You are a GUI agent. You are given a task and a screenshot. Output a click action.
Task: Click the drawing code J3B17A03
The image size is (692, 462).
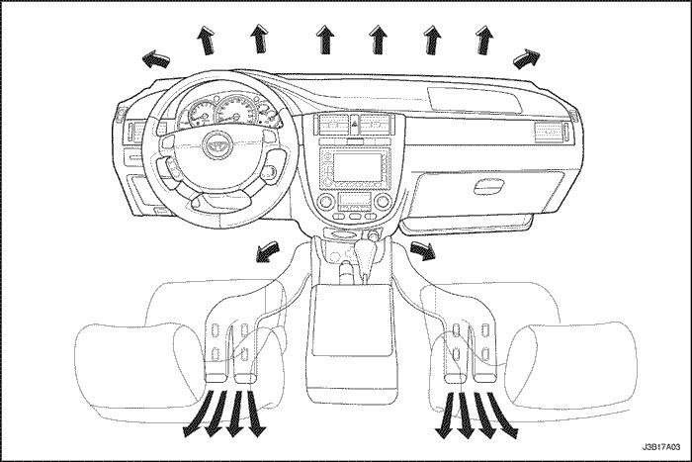click(661, 448)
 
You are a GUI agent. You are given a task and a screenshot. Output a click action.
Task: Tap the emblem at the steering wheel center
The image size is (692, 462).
click(215, 143)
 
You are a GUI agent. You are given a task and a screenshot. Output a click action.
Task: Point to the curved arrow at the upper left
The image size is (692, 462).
click(156, 58)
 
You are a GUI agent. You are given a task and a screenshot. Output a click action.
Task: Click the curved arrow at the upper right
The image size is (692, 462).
click(527, 58)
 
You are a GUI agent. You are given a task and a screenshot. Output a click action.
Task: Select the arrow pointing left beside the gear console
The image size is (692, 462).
click(268, 252)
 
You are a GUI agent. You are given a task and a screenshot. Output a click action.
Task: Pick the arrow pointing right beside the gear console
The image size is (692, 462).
click(423, 251)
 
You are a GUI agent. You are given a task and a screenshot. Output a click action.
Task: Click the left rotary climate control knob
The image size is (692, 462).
click(326, 202)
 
